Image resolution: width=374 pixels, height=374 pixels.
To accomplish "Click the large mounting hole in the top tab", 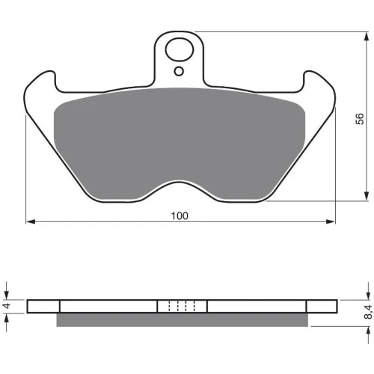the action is pos(180,49).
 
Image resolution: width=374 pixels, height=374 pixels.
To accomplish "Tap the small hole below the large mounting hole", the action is pos(179,72).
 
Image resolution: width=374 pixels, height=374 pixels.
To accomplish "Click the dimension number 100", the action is pos(180,215).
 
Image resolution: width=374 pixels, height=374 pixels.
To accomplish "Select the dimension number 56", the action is pos(360,119).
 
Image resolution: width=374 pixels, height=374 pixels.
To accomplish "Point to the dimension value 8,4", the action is pos(369,313).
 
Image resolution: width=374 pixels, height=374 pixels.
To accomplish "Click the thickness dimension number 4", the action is pos(7,305).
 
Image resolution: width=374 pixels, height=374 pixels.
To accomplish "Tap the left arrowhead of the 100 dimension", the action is pos(31,221).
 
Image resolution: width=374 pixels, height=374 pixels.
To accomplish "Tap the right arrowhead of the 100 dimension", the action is pos(331,221).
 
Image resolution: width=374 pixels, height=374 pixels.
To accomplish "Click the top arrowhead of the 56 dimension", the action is pos(367,37).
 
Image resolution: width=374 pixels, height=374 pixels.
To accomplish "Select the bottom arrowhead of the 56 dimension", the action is pos(367,196).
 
